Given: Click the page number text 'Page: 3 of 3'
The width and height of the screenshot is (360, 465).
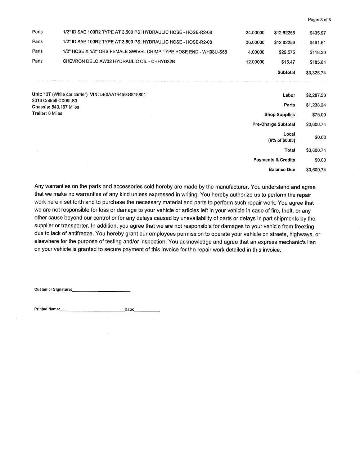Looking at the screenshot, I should [x=319, y=20].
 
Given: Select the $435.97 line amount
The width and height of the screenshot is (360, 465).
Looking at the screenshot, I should [x=318, y=33].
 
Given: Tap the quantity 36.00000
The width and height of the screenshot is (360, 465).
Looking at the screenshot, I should [x=255, y=42].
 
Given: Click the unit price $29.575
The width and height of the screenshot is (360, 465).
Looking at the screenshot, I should [x=287, y=52].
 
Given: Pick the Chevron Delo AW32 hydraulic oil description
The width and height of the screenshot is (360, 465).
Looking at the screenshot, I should [x=119, y=61].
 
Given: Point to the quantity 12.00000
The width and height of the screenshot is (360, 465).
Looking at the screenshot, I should [x=255, y=62].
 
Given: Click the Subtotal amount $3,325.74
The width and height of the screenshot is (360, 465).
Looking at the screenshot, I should [x=316, y=73].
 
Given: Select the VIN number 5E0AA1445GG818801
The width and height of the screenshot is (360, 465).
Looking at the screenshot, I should [x=123, y=95].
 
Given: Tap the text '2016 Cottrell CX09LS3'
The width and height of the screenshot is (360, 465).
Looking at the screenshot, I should [x=54, y=101].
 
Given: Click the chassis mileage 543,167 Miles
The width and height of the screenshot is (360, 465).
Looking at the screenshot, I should [x=65, y=107].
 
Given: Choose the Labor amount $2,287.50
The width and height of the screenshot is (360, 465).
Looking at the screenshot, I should [x=316, y=95].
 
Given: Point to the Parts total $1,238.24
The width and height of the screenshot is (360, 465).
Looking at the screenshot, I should [x=316, y=105].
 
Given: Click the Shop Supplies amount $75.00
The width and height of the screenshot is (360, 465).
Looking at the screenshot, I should [x=319, y=115].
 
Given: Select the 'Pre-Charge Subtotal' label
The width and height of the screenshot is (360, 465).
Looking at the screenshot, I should [x=274, y=124].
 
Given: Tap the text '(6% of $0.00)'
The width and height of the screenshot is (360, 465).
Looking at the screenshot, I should [x=282, y=141].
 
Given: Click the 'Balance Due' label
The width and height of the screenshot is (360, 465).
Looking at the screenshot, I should [x=282, y=170].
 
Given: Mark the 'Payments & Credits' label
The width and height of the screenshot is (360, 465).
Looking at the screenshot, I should [x=274, y=160].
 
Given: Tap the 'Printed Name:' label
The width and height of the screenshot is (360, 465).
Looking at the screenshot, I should [x=47, y=309].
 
